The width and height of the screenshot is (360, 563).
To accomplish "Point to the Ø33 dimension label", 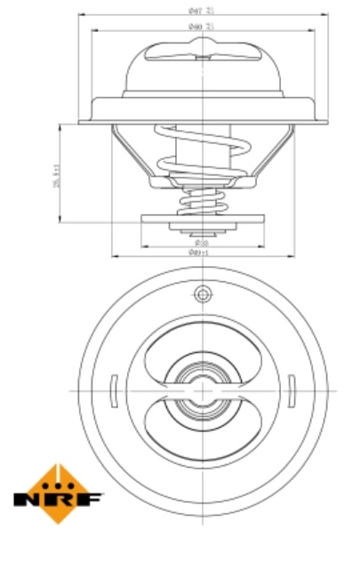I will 201,241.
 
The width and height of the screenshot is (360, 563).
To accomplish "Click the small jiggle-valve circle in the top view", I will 203,294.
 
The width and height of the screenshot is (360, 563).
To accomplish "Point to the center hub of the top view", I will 203,390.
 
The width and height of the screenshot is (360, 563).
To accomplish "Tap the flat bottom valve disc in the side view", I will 203,220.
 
